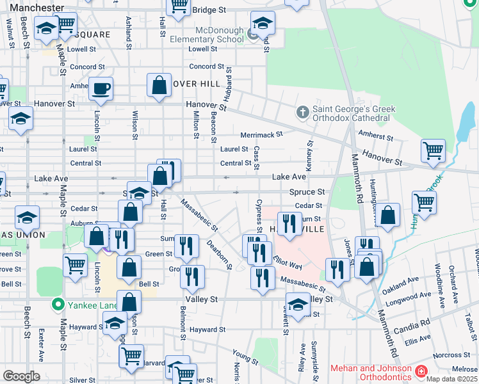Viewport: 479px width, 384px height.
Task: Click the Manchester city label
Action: pos(33,8)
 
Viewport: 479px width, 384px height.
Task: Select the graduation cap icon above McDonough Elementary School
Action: pos(263,24)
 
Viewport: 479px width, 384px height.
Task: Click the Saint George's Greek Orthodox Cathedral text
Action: pos(353,113)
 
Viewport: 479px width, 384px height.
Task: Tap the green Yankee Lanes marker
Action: pos(58,305)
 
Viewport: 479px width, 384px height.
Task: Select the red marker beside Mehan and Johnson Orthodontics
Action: pos(421,371)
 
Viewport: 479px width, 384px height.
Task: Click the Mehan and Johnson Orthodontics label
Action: pos(371,372)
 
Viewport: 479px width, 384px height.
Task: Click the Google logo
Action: pos(21,376)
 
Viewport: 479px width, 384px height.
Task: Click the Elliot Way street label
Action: pos(287,263)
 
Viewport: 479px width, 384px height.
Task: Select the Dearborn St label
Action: pos(218,253)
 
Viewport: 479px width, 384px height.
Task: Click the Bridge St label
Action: pos(209,10)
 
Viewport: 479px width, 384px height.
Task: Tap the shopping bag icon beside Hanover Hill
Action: pos(159,85)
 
